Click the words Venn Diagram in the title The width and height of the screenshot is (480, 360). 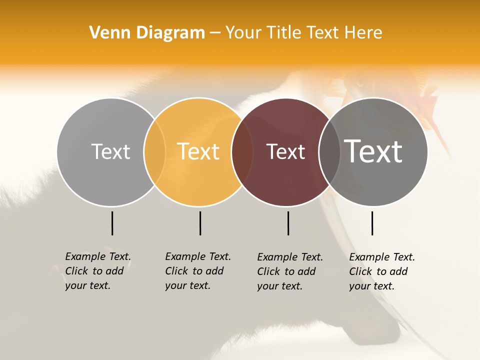[147, 33]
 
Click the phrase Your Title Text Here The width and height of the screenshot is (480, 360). [303, 33]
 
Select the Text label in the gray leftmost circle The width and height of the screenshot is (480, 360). [110, 151]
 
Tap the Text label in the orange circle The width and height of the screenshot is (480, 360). [198, 151]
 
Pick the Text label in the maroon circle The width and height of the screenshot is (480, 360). [285, 151]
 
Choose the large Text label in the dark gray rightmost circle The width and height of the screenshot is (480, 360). [373, 151]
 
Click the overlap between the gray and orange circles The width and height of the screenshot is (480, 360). [154, 152]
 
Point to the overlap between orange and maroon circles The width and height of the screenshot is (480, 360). [242, 152]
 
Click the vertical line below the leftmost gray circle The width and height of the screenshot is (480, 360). [112, 223]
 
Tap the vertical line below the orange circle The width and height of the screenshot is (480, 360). [200, 223]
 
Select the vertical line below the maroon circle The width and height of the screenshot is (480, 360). [288, 223]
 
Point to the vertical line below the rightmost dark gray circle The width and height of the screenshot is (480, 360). [372, 223]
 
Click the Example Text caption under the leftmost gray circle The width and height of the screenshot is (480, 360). [97, 271]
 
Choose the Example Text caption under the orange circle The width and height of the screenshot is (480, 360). [197, 271]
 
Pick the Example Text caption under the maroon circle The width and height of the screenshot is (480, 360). [289, 271]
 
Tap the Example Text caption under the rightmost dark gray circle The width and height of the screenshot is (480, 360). [381, 271]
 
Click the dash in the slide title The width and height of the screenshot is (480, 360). [215, 33]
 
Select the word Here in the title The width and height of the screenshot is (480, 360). [365, 33]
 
